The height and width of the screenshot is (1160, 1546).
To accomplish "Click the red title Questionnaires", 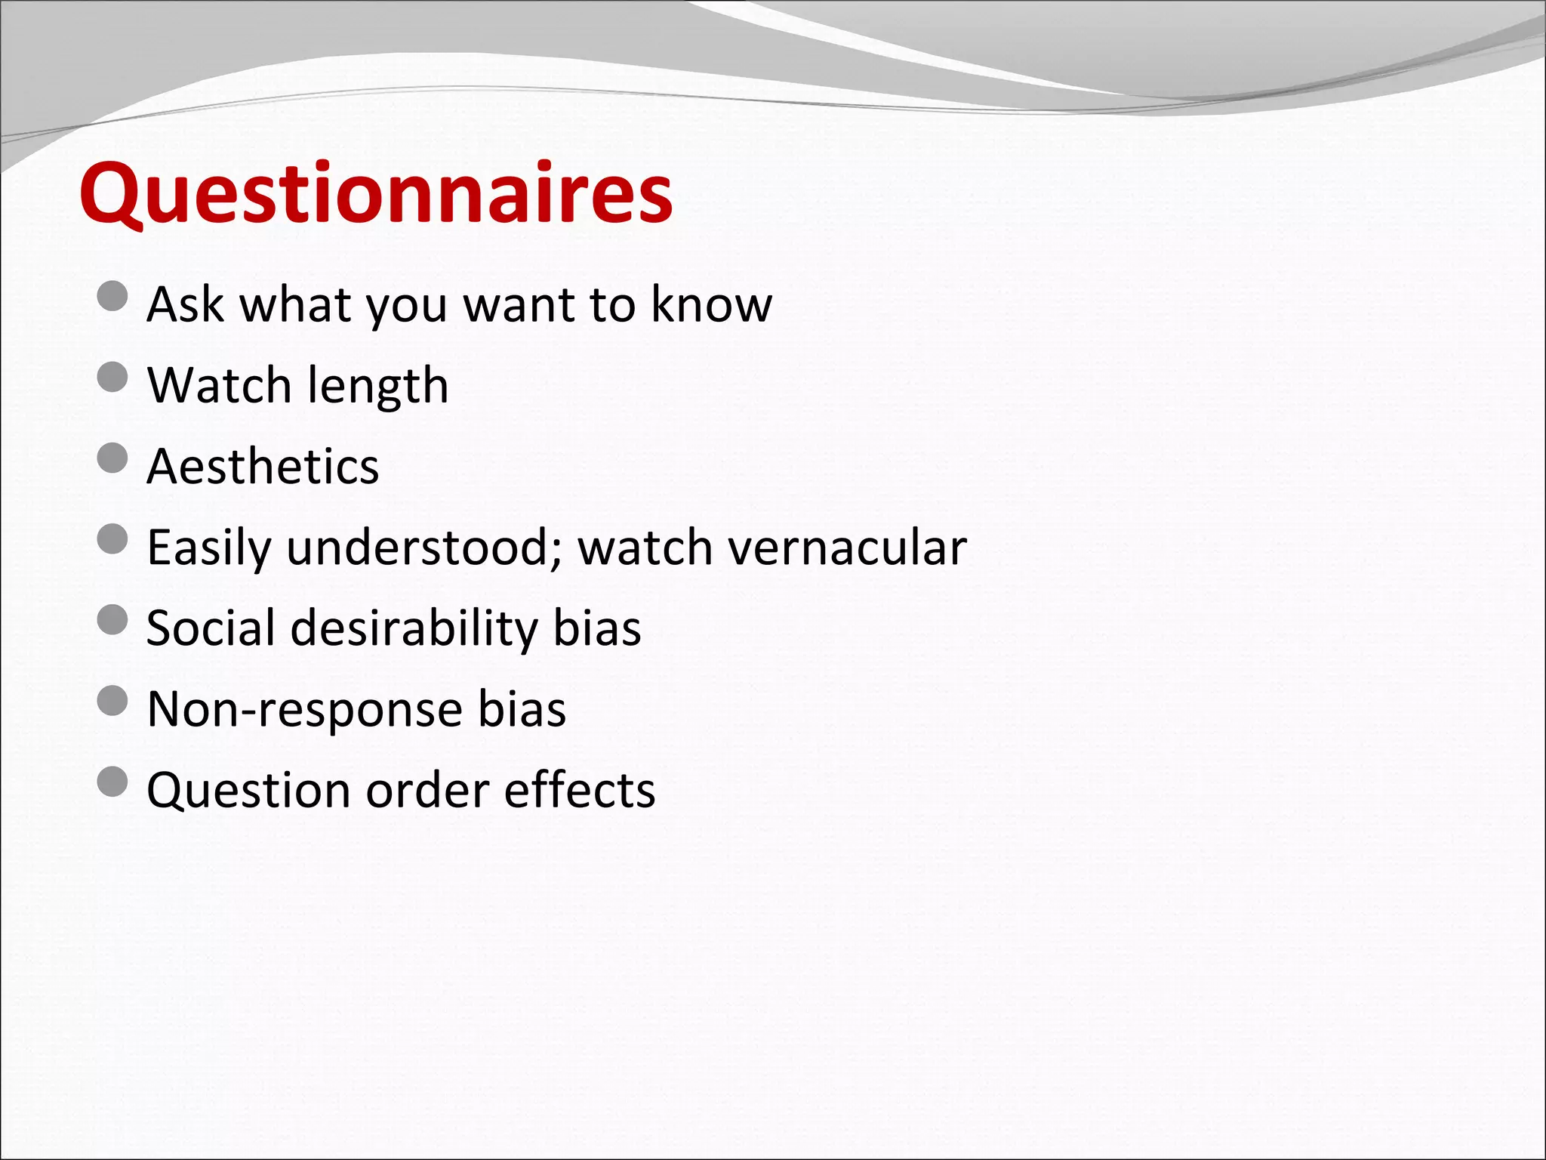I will [375, 194].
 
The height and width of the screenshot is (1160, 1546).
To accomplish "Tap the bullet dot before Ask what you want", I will [112, 296].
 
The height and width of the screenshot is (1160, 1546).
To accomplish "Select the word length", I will [377, 387].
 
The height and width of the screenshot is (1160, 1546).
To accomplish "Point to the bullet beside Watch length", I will [112, 377].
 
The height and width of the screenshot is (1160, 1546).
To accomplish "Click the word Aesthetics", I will [263, 466].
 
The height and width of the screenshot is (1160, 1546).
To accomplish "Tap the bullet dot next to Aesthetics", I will [112, 458].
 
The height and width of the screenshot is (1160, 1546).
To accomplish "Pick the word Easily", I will [208, 548].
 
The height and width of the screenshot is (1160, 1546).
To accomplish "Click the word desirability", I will [414, 628].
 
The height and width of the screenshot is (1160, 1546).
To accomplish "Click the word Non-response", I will [304, 710].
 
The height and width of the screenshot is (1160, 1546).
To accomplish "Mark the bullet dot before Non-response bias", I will [112, 701].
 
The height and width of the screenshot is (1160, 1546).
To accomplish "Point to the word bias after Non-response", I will [522, 709].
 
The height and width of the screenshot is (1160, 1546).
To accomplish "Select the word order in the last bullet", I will [427, 790].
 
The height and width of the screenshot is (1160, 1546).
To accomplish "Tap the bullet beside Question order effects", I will [112, 782].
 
